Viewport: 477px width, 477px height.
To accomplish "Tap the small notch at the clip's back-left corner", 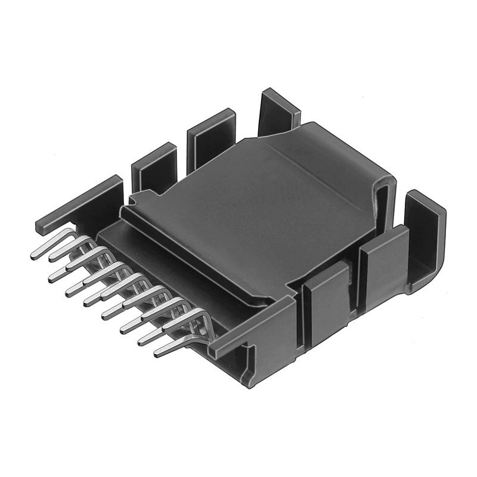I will click(134, 197).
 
